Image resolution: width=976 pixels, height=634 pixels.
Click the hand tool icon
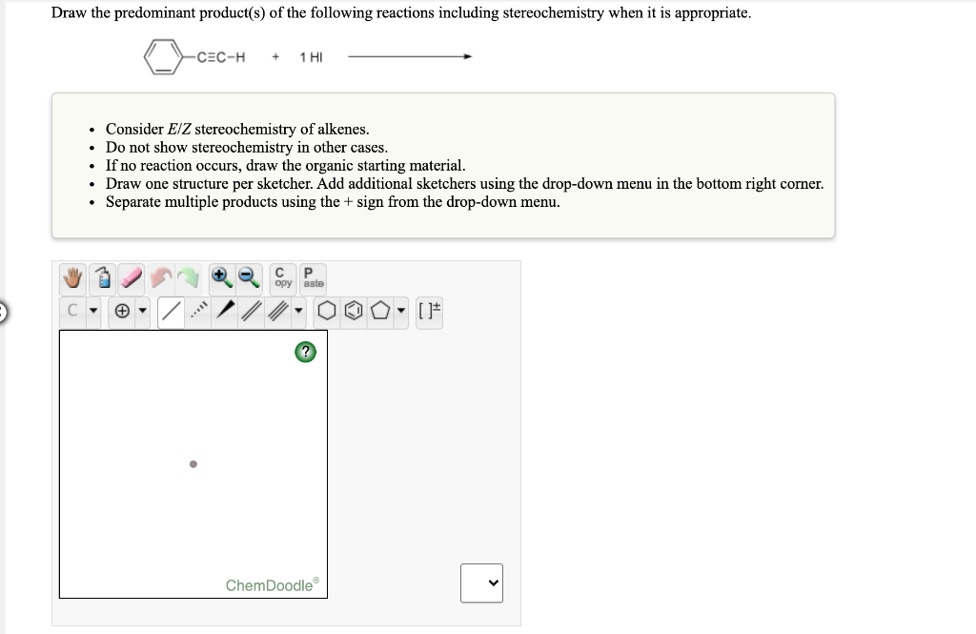(74, 278)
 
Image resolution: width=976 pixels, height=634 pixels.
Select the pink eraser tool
(132, 278)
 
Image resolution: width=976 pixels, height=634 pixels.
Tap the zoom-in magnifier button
(219, 277)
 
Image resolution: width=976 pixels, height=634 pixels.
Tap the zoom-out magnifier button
(247, 277)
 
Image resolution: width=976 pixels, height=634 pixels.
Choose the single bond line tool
(172, 312)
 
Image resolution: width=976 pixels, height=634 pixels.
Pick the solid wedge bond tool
(226, 312)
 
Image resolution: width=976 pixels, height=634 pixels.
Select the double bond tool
(253, 312)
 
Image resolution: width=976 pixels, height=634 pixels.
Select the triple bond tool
(277, 312)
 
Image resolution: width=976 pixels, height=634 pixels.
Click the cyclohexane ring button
(328, 312)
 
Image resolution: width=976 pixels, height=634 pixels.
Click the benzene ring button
(353, 312)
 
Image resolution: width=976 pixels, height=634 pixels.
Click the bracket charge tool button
(432, 312)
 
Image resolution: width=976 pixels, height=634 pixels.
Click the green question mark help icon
(304, 353)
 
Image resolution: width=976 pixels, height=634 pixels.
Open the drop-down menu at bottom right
(481, 583)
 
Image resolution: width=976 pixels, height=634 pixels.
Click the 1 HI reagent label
(311, 57)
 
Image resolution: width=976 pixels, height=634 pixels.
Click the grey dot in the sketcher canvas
(193, 464)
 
